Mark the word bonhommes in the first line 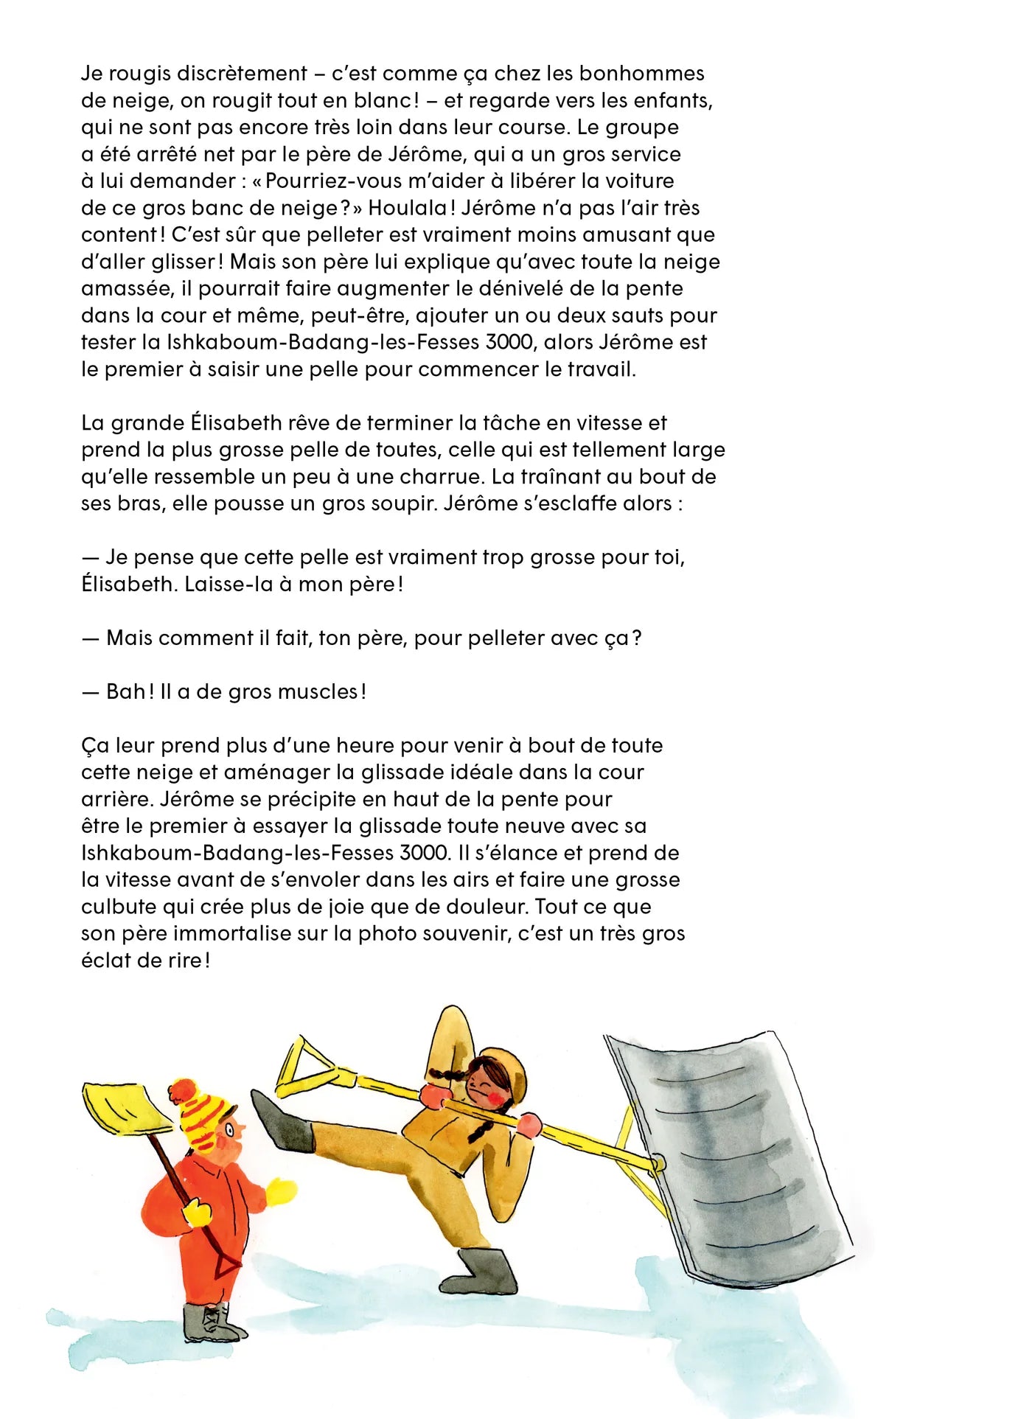pos(641,73)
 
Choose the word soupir pos(398,503)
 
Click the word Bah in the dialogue pos(126,691)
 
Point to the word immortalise pos(232,933)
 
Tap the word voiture pos(638,181)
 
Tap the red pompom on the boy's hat pos(181,1090)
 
